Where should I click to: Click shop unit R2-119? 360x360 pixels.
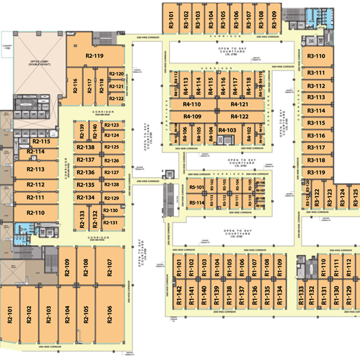(95, 56)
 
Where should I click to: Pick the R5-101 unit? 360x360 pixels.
(197, 187)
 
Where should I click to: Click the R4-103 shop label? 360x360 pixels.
(227, 130)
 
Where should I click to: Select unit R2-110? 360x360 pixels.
(36, 213)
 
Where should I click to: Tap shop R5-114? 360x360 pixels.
(197, 203)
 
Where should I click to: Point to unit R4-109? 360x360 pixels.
(192, 117)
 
